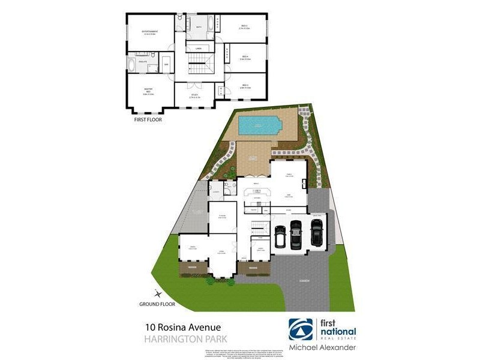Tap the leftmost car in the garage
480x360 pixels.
click(x=280, y=237)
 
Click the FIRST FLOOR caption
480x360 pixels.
click(x=147, y=120)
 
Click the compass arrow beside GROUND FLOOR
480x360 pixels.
click(x=158, y=293)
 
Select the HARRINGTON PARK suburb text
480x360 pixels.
click(x=178, y=340)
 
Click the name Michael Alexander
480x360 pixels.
click(x=322, y=348)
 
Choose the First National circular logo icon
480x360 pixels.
click(x=301, y=329)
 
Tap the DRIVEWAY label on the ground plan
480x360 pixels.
click(x=304, y=281)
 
